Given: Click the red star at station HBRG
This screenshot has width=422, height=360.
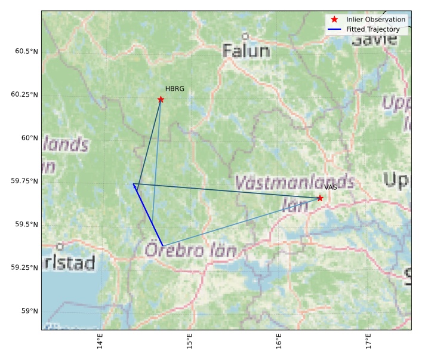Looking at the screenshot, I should click(x=161, y=100).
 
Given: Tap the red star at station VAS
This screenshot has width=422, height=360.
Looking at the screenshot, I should click(x=320, y=198).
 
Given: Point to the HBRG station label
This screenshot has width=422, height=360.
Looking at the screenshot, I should click(x=175, y=89).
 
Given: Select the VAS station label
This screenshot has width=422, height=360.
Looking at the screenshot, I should click(x=331, y=187).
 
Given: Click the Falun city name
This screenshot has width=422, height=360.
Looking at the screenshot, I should click(x=246, y=51).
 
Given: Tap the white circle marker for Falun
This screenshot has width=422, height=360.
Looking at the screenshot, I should click(x=245, y=36).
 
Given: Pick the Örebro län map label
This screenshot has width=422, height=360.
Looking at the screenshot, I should click(x=190, y=250).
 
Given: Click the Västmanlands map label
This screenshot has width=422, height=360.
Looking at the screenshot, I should click(x=295, y=182).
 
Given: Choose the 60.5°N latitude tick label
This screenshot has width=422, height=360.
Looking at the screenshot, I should click(x=26, y=51).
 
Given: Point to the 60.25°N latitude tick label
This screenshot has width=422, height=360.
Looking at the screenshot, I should click(x=24, y=94).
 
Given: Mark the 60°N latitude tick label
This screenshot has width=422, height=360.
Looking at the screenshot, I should click(x=29, y=138).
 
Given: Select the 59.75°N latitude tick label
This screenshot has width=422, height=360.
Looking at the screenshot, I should click(x=24, y=181).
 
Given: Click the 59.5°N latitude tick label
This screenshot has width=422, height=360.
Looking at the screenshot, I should click(x=26, y=224).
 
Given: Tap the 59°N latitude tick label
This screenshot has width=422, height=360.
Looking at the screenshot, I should click(x=29, y=311).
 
